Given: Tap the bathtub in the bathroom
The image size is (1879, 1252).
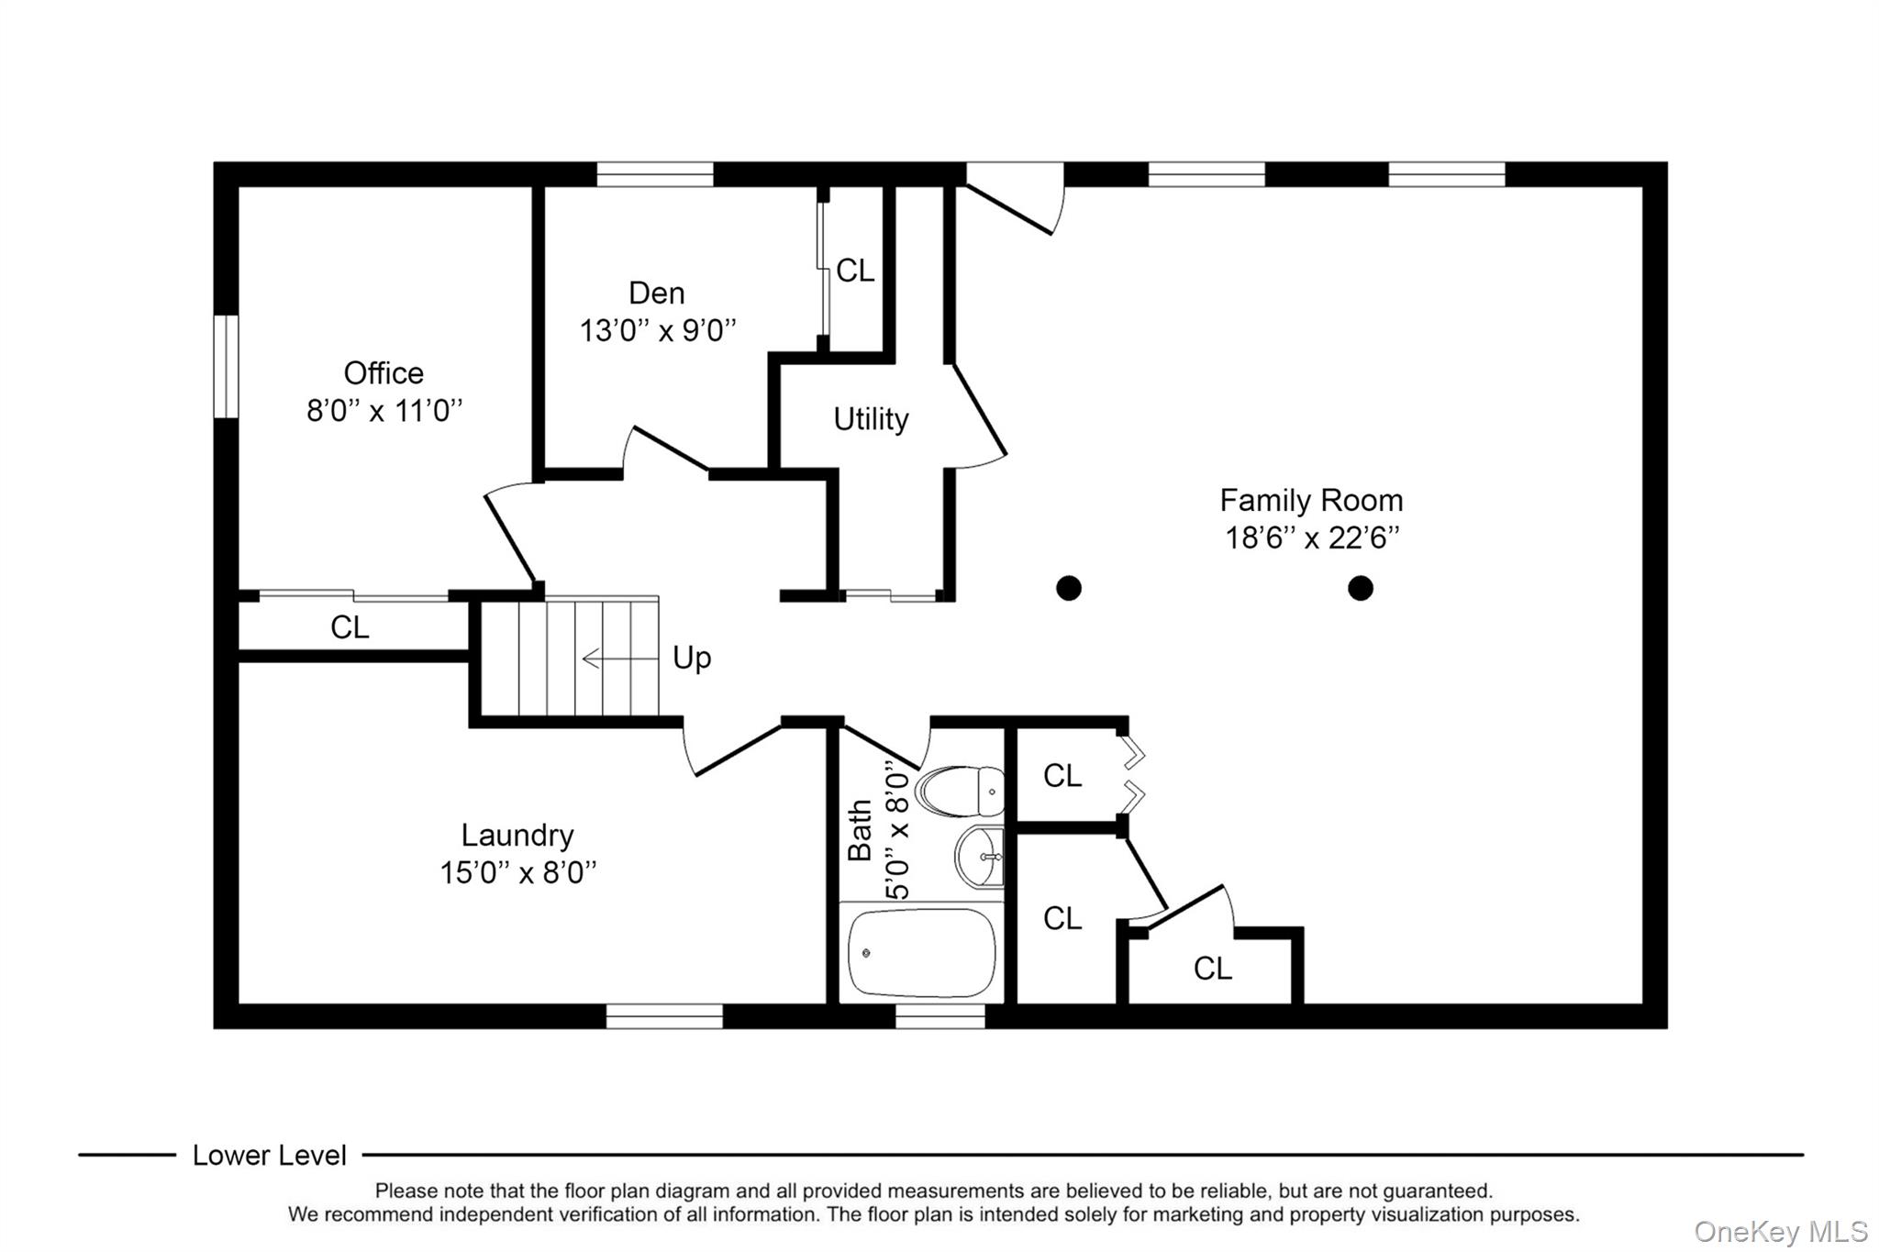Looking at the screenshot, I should (x=921, y=953).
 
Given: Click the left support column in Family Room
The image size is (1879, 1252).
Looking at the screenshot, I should (x=1068, y=588).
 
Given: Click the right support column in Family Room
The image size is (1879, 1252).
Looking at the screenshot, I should (x=1360, y=588).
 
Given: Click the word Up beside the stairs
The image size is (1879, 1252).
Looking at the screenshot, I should (x=692, y=658).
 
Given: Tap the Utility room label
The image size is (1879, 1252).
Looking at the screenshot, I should (x=871, y=419).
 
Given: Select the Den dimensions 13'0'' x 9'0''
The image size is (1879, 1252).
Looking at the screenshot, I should (x=657, y=330).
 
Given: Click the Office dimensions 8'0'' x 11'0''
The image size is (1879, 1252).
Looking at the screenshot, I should (x=384, y=410).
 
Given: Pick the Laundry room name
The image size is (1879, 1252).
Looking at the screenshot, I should (x=517, y=835).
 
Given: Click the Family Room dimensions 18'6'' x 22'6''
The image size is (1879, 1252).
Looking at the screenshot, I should (x=1311, y=537).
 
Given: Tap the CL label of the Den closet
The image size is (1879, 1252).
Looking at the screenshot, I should (x=855, y=271).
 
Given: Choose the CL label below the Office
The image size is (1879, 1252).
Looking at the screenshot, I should (x=350, y=627).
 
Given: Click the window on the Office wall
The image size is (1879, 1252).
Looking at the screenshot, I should (x=226, y=367).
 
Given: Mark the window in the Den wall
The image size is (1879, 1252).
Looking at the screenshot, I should (x=654, y=173).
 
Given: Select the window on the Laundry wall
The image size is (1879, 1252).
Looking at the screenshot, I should (x=663, y=1016).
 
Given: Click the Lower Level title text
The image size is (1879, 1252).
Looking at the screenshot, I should (x=269, y=1156).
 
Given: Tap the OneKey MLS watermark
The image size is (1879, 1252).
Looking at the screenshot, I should (x=1780, y=1231).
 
